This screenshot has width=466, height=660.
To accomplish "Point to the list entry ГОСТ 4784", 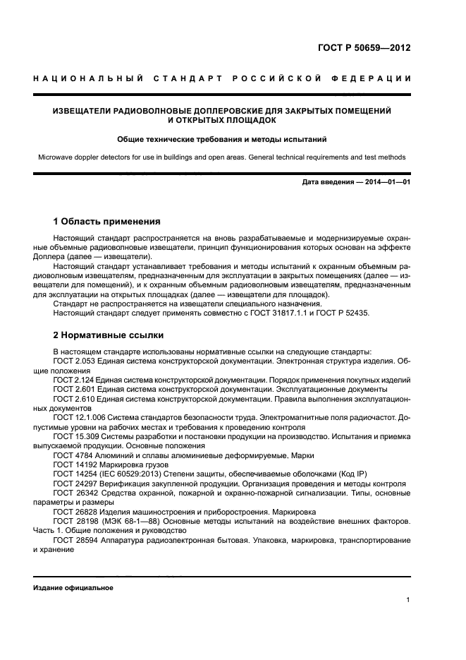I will (70, 455).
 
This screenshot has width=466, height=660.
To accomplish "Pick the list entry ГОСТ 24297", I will (72, 484).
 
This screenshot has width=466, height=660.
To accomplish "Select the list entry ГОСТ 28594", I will (72, 540).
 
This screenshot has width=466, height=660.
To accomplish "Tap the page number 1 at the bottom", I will (408, 600).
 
